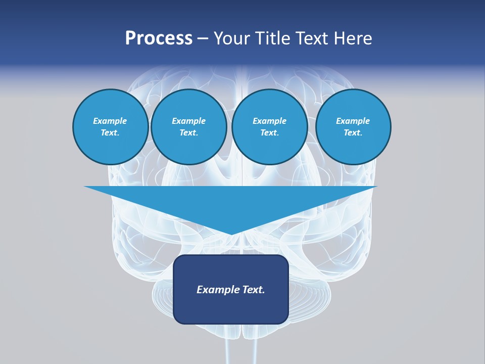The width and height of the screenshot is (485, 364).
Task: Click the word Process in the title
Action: point(159,38)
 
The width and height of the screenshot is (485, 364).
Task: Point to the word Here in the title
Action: point(353,38)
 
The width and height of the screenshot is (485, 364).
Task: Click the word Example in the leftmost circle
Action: point(110,121)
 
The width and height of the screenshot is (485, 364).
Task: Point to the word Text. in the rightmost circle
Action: point(353,132)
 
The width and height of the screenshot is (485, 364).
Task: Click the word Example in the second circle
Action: point(189,121)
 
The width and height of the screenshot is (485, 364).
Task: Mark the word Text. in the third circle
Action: point(269,132)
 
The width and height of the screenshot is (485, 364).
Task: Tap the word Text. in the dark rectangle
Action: point(253,290)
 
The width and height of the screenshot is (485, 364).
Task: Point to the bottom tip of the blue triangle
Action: point(231,234)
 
